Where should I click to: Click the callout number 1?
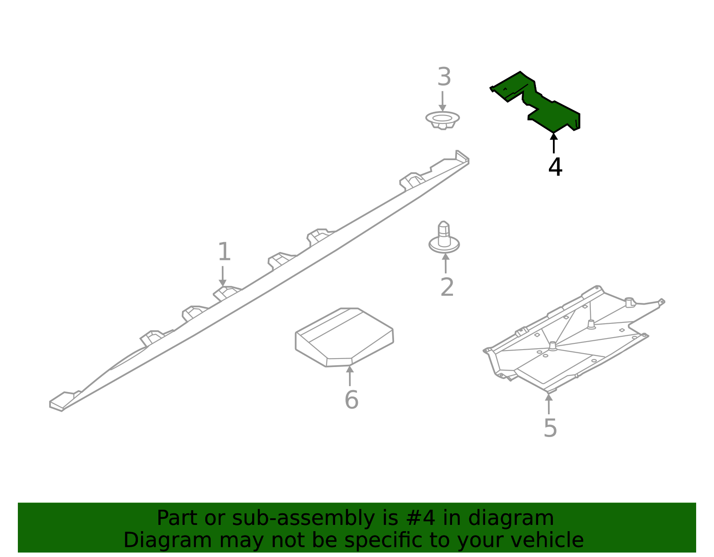click(x=224, y=252)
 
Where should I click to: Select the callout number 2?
click(x=447, y=287)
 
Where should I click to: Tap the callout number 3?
click(x=444, y=77)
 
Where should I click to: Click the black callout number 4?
click(x=555, y=167)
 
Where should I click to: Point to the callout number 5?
click(x=550, y=428)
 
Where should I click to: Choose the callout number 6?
click(x=351, y=400)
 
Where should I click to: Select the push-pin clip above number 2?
click(x=444, y=239)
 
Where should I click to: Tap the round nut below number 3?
click(x=442, y=120)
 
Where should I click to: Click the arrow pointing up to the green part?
click(x=554, y=143)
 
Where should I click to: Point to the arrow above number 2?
click(x=445, y=263)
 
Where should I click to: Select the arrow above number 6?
click(x=350, y=375)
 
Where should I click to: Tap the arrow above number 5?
click(x=549, y=404)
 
